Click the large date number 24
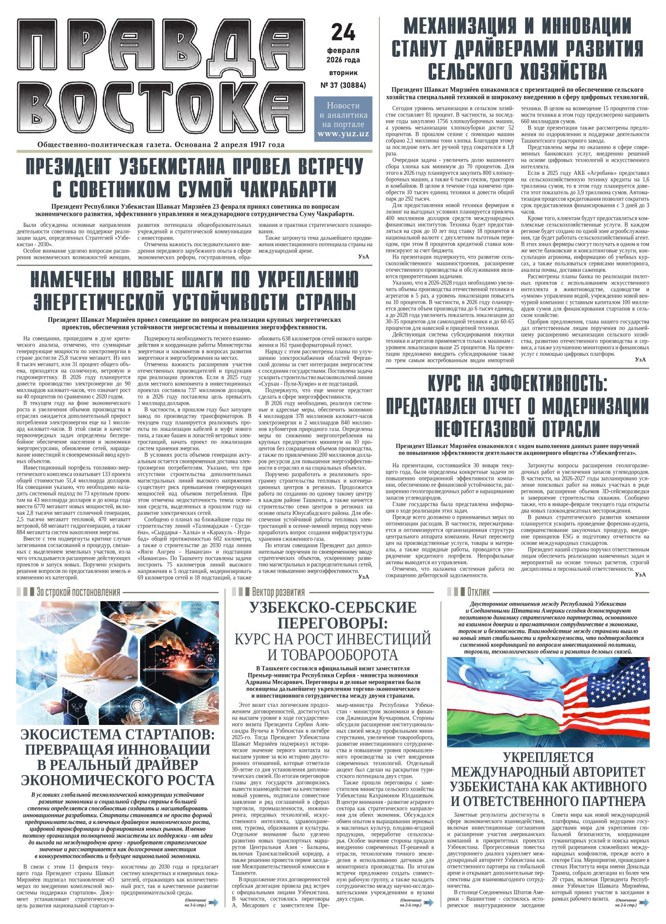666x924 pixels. point(343,32)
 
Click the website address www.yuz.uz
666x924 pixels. point(343,133)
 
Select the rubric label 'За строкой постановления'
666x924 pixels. point(78,591)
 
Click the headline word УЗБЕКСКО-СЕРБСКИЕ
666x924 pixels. point(333,608)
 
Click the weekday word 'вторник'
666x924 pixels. point(343,72)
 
